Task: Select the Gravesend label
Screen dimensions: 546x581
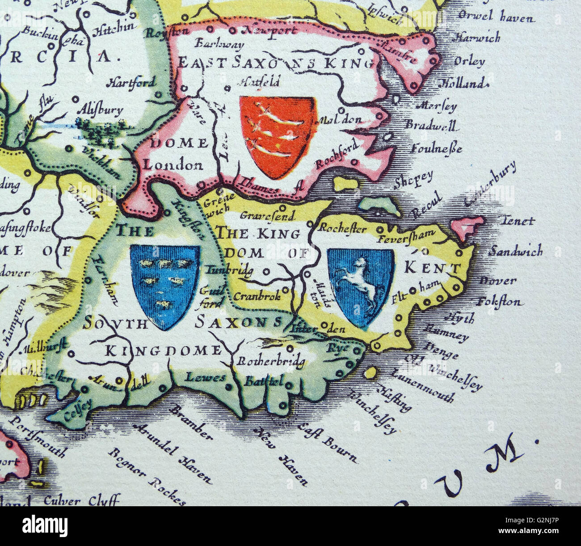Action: coord(267,215)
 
